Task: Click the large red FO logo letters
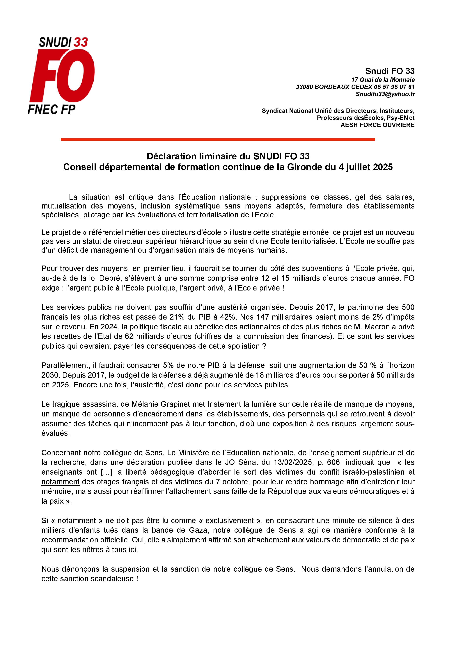click(62, 76)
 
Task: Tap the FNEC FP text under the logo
click(52, 109)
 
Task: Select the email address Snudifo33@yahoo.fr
click(385, 94)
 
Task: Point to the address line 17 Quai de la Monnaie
click(383, 80)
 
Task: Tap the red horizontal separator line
click(218, 139)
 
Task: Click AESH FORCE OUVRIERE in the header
click(377, 125)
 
